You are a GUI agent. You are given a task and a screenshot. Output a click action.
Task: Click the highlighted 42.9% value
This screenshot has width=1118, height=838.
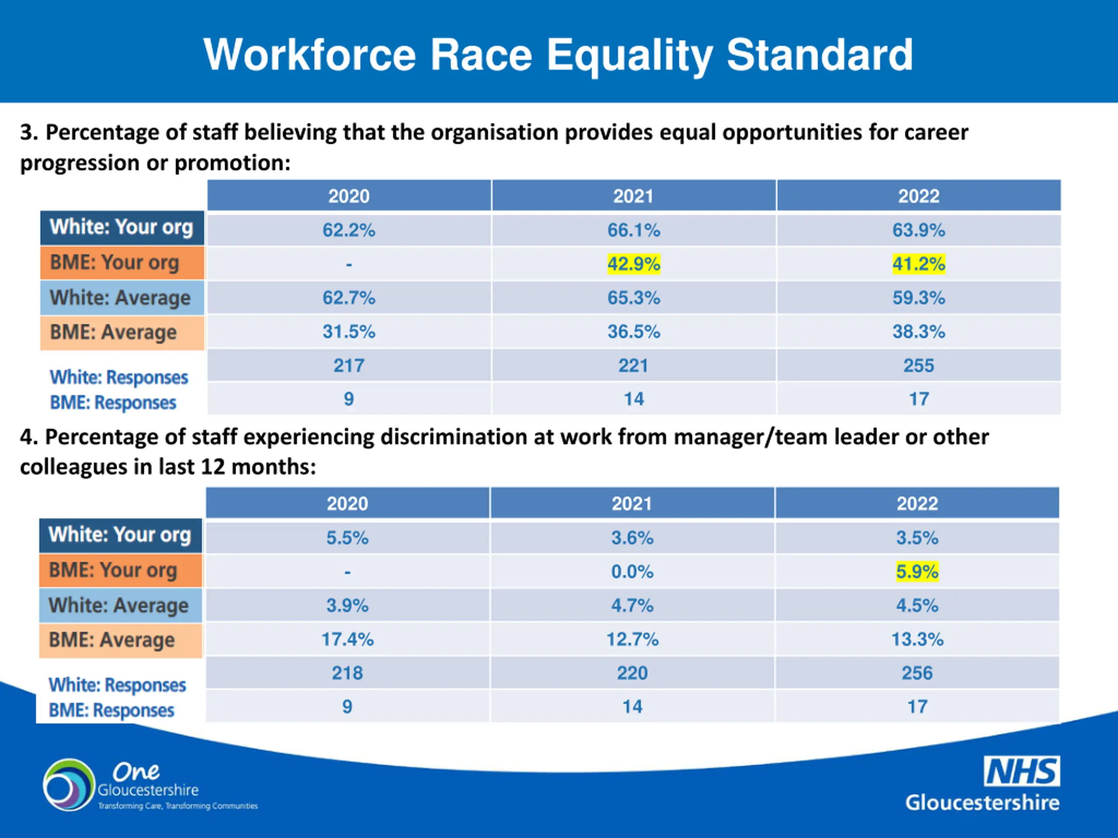[x=633, y=264]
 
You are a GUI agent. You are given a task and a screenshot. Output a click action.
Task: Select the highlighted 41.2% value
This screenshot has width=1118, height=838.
[x=918, y=264]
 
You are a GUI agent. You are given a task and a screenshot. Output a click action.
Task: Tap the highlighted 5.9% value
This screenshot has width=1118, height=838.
[x=917, y=571]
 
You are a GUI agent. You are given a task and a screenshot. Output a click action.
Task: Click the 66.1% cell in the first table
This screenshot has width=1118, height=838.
[x=633, y=230]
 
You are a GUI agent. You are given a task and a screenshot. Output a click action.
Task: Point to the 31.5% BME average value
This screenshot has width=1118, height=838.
[x=349, y=332]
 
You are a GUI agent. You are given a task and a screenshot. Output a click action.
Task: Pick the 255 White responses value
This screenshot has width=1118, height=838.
[x=918, y=365]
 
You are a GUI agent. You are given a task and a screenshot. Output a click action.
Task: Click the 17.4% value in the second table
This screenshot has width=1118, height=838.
[x=347, y=639]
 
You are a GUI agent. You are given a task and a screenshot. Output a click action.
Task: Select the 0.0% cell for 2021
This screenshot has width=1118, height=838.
[x=632, y=571]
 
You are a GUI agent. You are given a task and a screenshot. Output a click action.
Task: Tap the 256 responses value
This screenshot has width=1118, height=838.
[x=917, y=673]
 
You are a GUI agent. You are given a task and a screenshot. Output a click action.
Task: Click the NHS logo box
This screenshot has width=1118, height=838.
[x=1021, y=771]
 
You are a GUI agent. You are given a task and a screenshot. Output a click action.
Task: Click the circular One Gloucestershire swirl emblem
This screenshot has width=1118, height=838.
[x=69, y=785]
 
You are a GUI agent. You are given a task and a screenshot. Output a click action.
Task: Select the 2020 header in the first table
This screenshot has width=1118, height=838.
[x=349, y=196]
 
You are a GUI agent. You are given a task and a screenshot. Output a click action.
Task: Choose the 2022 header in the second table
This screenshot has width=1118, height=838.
[x=917, y=504]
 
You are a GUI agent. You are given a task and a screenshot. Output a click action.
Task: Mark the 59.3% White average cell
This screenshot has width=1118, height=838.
[x=918, y=298]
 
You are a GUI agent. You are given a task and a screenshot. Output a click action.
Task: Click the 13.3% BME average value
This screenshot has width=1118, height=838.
[x=917, y=639]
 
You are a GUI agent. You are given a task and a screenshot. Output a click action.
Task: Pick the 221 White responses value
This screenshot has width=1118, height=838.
[x=633, y=365]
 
